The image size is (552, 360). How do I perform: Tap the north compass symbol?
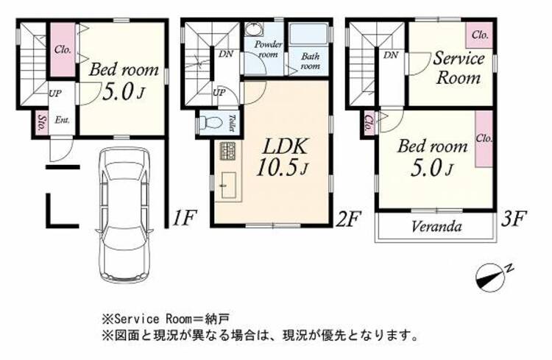[492, 277]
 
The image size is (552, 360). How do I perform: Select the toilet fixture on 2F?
[210, 123]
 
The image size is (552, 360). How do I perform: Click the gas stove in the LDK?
[229, 152]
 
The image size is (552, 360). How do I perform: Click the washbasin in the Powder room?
[253, 29]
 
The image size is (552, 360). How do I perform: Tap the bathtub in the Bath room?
[308, 34]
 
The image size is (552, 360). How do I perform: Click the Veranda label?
[436, 227]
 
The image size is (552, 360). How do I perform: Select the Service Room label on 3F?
[459, 68]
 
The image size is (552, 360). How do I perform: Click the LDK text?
[285, 147]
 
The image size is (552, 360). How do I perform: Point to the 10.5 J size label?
[283, 166]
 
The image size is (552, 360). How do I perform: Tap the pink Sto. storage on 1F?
[42, 122]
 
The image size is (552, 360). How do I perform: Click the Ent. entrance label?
[62, 120]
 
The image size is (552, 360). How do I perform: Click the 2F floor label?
[349, 219]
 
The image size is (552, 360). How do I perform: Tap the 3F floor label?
[514, 218]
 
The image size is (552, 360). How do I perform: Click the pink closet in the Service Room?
[479, 35]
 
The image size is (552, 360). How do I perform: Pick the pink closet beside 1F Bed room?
[63, 49]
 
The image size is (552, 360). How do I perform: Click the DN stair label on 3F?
[391, 55]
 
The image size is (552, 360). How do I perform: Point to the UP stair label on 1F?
[55, 93]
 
